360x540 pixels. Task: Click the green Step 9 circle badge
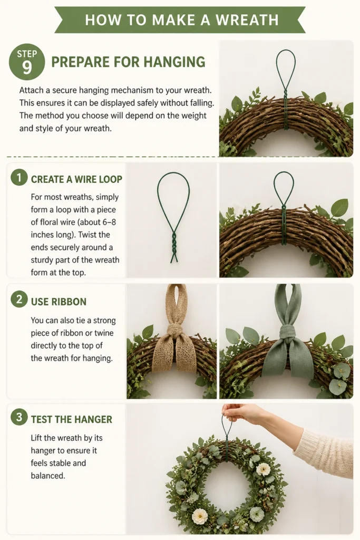[27, 62]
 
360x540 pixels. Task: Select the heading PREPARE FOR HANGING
[129, 62]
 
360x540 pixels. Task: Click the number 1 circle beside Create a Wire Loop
[19, 178]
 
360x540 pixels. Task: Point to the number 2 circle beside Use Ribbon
[19, 299]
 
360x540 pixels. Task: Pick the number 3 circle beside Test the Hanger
[19, 417]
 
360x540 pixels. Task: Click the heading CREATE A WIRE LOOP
[76, 179]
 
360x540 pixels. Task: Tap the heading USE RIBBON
[59, 302]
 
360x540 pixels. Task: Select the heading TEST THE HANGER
[72, 419]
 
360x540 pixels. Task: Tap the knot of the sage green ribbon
[287, 332]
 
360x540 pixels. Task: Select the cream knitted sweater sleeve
[325, 452]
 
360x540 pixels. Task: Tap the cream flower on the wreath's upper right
[263, 469]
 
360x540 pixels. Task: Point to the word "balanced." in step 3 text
[48, 476]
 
